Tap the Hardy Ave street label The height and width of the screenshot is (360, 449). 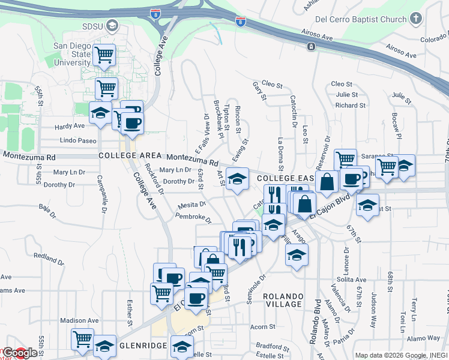coord(70,127)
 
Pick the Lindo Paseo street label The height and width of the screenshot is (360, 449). coord(78,140)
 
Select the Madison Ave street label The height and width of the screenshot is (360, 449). coord(79,320)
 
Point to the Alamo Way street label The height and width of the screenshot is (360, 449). coord(423,338)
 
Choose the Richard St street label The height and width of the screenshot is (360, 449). coord(346,106)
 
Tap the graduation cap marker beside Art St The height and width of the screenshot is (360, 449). coord(238,179)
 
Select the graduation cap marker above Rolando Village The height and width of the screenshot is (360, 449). coord(297,255)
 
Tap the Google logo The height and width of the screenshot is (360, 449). coord(20,353)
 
